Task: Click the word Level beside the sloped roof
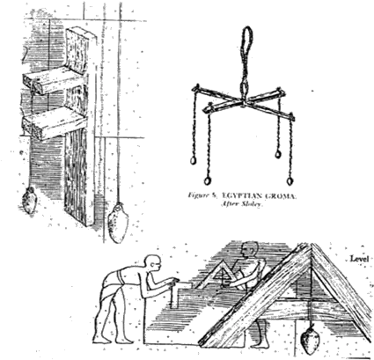(357, 259)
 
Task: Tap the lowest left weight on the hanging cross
(208, 180)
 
